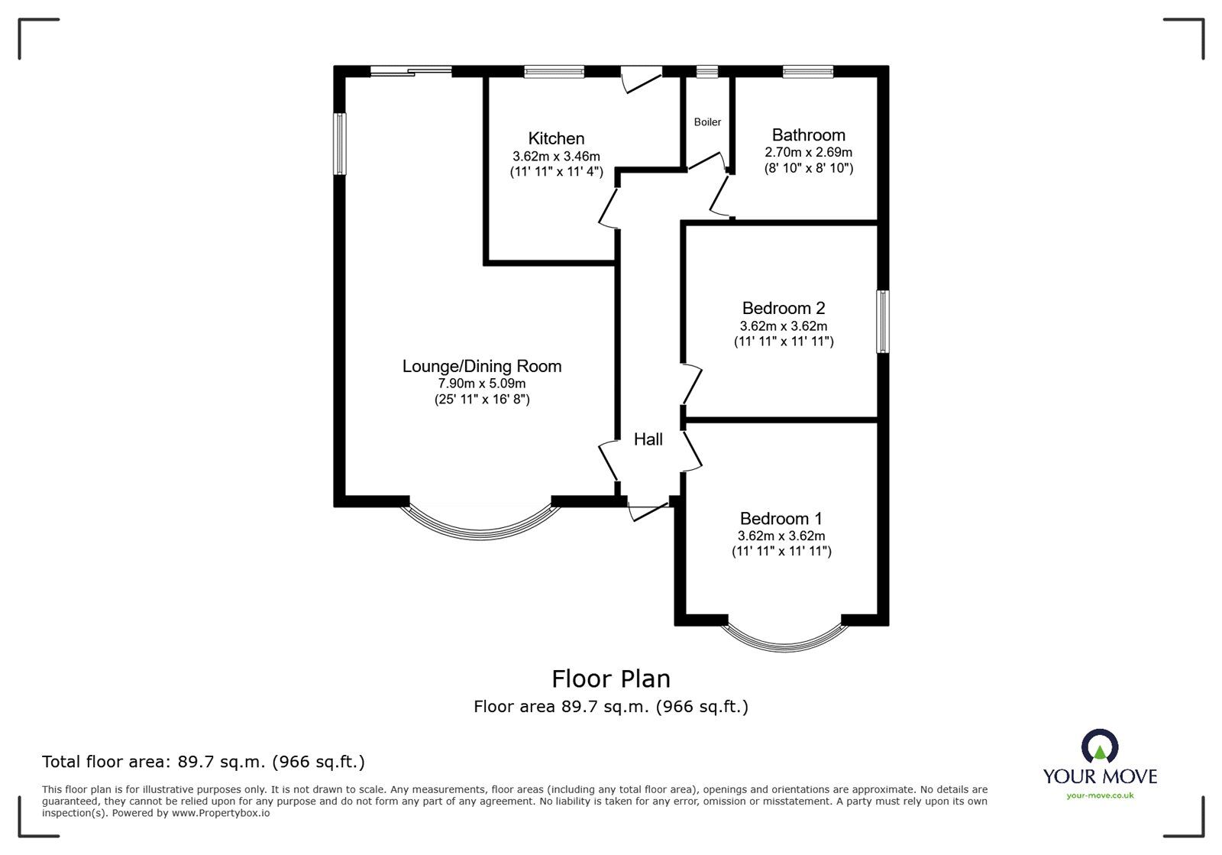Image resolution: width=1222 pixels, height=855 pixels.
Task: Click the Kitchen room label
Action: pos(556,138)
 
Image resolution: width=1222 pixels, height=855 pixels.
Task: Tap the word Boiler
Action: pos(707,122)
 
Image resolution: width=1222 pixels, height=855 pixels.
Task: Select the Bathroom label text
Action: pos(809,134)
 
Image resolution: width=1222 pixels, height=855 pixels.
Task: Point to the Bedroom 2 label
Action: pos(784,308)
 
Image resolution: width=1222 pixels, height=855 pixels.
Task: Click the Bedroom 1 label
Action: pos(781,518)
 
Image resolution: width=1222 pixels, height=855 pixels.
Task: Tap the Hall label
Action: pos(648,439)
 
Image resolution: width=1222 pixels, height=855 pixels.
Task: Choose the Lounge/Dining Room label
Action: pos(482,366)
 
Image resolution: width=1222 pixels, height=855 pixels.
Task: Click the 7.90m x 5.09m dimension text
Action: pos(482,384)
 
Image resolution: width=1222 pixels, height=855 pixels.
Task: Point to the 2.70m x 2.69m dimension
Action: pos(809,152)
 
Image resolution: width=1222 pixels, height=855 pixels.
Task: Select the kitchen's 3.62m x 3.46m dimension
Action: pos(556,156)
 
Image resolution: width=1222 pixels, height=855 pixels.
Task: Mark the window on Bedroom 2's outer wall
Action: pos(883,322)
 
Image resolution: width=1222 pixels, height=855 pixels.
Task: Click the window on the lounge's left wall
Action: pos(339,144)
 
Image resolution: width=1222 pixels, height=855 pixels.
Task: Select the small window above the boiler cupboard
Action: pos(707,72)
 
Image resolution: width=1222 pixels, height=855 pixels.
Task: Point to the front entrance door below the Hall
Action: pos(648,511)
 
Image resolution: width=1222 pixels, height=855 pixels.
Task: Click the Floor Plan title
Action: pos(610,679)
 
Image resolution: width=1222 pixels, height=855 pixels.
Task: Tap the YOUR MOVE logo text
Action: pos(1100,776)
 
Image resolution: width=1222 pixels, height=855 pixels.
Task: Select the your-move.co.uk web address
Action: pos(1100,795)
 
